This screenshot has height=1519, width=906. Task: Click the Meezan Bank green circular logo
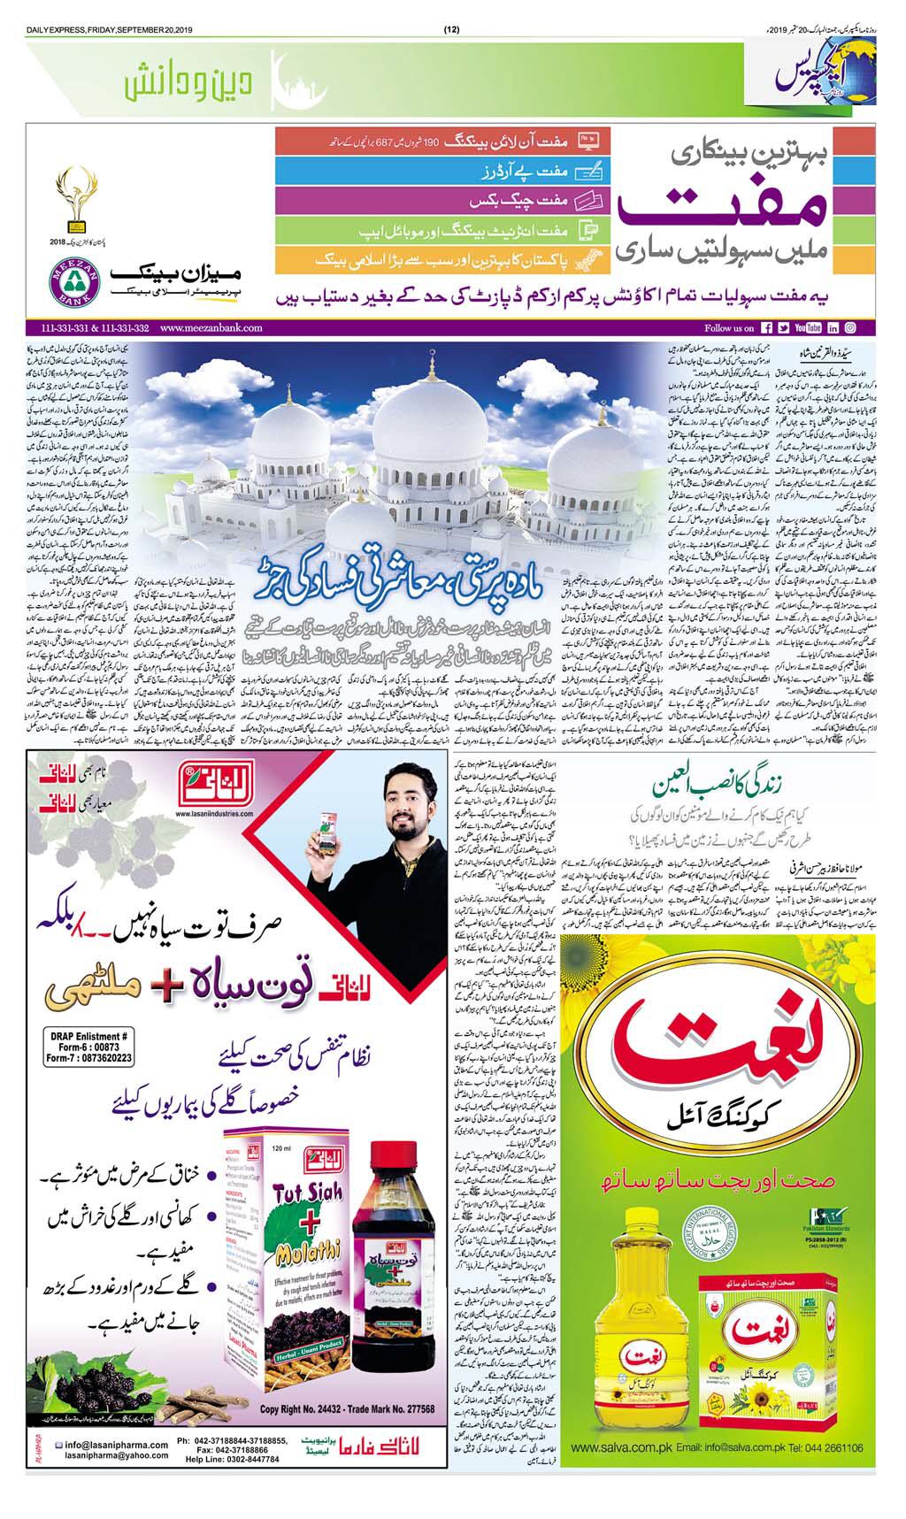pos(69,282)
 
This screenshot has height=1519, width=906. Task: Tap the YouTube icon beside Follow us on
pos(808,327)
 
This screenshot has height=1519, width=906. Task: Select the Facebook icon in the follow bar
pos(767,327)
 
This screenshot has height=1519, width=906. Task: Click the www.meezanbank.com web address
pos(211,327)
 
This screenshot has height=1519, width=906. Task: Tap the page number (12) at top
pos(451,6)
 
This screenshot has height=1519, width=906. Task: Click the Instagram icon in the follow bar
pos(849,327)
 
